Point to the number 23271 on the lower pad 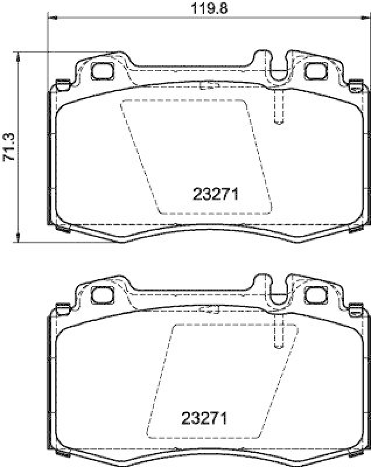203,419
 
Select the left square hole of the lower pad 104,294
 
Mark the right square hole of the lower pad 316,294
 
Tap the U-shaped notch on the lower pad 278,295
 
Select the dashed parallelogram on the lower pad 222,379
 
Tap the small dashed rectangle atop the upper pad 209,85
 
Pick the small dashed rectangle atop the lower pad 209,310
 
